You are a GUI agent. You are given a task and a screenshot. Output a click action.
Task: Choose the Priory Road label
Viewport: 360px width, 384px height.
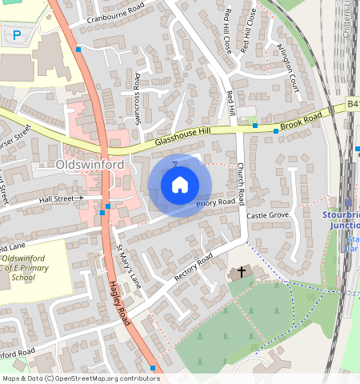(216, 203)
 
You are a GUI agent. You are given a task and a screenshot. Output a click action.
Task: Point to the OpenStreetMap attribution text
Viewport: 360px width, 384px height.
(80, 378)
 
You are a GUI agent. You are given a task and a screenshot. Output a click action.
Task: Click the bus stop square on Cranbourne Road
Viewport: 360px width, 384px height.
(78, 50)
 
